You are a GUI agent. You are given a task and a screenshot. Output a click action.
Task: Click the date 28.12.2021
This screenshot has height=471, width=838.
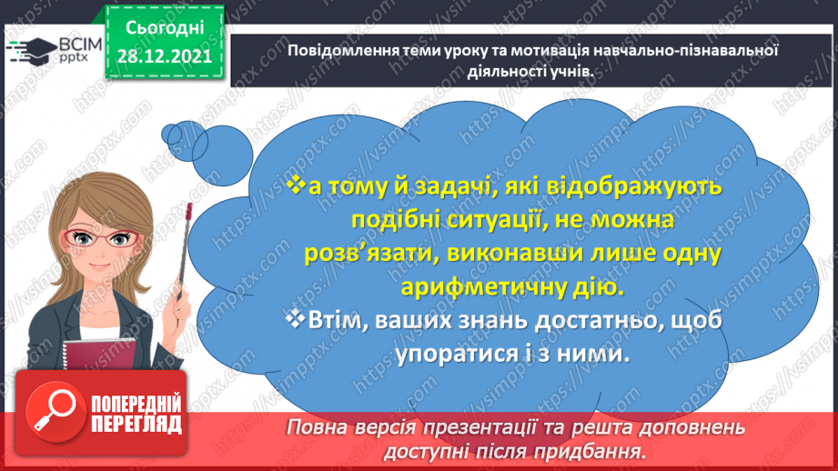pyautogui.click(x=165, y=55)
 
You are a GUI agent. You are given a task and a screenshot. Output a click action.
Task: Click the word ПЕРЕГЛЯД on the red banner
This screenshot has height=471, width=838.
pyautogui.click(x=136, y=426)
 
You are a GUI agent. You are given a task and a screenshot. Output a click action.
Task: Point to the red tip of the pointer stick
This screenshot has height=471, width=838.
pyautogui.click(x=188, y=213)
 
